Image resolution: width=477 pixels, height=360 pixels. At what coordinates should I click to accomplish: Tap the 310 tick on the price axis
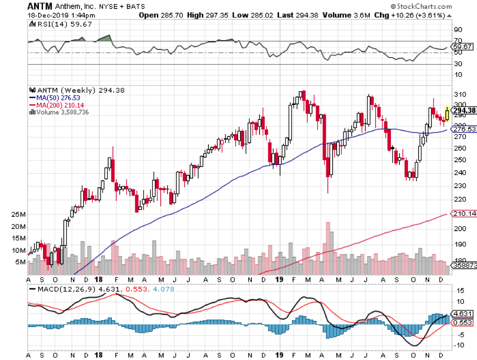[459, 94]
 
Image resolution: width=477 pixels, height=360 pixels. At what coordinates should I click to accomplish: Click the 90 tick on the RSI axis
[458, 30]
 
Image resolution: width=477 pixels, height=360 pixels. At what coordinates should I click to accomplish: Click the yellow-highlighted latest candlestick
[447, 113]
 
